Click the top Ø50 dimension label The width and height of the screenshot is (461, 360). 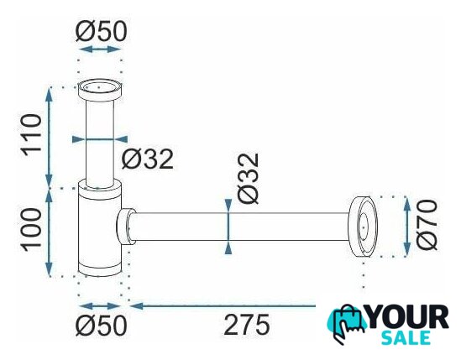(101, 31)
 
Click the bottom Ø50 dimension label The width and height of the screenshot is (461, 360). (101, 325)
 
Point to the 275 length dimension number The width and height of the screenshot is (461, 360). (246, 325)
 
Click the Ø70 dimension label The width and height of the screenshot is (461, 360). (427, 225)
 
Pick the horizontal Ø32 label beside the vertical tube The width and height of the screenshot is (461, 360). (147, 159)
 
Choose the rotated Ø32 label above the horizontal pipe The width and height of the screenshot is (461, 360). (249, 179)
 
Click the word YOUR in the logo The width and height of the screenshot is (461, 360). (407, 317)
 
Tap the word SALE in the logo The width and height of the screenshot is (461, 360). (406, 337)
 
